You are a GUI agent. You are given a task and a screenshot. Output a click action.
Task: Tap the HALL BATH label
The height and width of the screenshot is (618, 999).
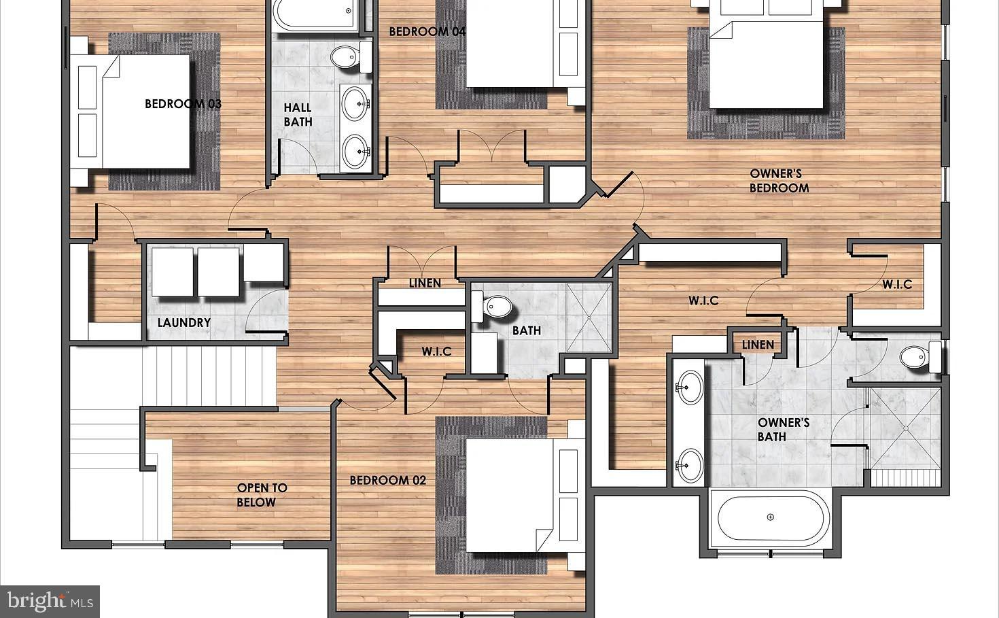(298, 114)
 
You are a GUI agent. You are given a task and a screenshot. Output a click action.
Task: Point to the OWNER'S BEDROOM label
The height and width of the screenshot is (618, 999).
(779, 181)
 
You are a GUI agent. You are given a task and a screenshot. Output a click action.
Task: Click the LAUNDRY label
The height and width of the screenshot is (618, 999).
(183, 322)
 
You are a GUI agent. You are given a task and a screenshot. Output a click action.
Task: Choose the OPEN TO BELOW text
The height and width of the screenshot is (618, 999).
(262, 495)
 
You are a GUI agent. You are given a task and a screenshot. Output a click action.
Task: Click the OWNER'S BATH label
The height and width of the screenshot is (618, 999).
(783, 430)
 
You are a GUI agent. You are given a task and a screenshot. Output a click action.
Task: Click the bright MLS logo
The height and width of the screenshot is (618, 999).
(50, 601)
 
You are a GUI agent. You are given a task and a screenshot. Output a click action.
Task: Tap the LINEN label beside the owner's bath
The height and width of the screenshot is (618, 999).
(757, 345)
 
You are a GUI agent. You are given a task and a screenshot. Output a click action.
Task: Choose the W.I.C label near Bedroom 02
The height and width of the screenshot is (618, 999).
(436, 351)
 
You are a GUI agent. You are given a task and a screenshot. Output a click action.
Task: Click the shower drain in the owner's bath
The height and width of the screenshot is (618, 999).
(906, 428)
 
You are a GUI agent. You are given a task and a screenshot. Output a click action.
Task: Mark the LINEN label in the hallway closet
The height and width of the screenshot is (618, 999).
(425, 283)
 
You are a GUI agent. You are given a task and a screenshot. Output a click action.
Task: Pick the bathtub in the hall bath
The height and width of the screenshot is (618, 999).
(316, 14)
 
